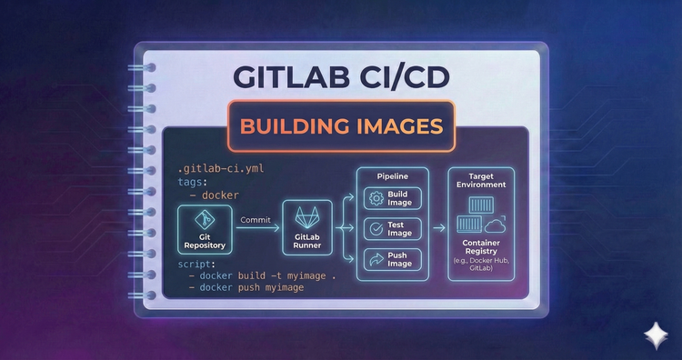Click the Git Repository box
pyautogui.click(x=203, y=228)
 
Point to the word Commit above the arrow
pyautogui.click(x=257, y=219)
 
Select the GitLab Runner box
pyautogui.click(x=306, y=228)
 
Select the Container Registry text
pyautogui.click(x=481, y=247)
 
